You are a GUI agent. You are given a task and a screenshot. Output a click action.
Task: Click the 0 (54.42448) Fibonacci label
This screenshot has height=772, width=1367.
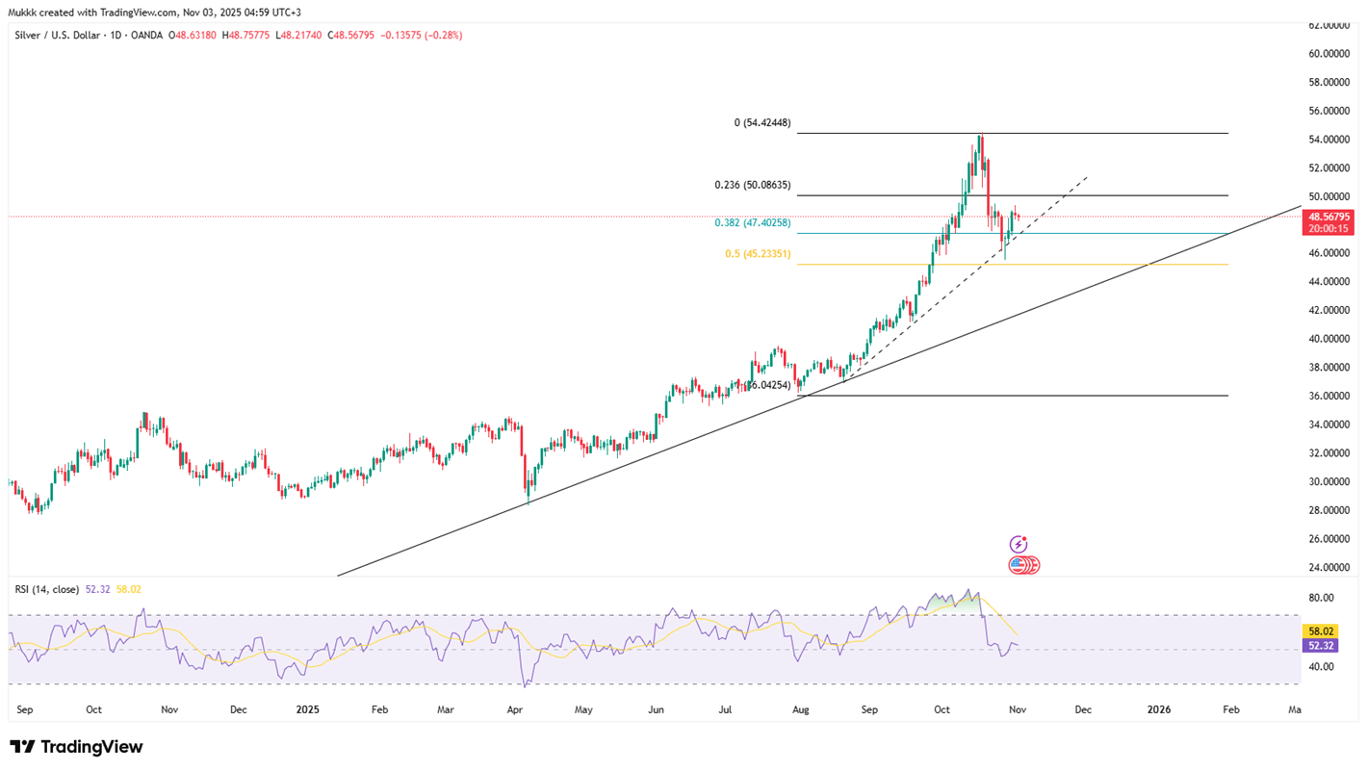pyautogui.click(x=761, y=123)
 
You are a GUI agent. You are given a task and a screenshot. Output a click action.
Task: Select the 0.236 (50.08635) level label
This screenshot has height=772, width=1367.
pyautogui.click(x=752, y=185)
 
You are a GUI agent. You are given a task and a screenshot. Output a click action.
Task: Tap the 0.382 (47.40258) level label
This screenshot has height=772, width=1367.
pyautogui.click(x=752, y=223)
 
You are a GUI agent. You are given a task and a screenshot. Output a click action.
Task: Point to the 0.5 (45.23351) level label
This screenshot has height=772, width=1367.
pyautogui.click(x=758, y=254)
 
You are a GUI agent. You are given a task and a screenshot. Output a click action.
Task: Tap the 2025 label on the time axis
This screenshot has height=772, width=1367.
pyautogui.click(x=307, y=710)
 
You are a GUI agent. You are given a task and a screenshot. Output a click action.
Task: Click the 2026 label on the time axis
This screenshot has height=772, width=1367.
pyautogui.click(x=1159, y=710)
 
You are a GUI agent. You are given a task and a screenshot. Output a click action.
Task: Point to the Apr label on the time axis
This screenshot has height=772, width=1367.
pyautogui.click(x=514, y=710)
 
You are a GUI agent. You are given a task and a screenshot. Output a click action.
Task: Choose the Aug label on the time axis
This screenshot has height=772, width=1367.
pyautogui.click(x=800, y=710)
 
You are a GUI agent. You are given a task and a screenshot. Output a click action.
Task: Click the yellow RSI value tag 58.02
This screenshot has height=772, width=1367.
pyautogui.click(x=1318, y=631)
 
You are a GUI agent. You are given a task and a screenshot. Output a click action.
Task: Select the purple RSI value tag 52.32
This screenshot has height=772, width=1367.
pyautogui.click(x=1318, y=647)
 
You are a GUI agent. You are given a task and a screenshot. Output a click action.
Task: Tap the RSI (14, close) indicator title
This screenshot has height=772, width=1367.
pyautogui.click(x=47, y=589)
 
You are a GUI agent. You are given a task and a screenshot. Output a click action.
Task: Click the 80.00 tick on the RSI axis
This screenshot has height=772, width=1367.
pyautogui.click(x=1321, y=598)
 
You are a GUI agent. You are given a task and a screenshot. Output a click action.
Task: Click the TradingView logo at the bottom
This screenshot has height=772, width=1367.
pyautogui.click(x=76, y=747)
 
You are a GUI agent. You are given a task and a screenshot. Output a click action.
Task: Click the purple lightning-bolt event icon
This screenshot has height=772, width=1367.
pyautogui.click(x=1018, y=545)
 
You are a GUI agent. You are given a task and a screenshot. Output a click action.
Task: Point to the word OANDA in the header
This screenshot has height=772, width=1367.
pyautogui.click(x=147, y=36)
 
